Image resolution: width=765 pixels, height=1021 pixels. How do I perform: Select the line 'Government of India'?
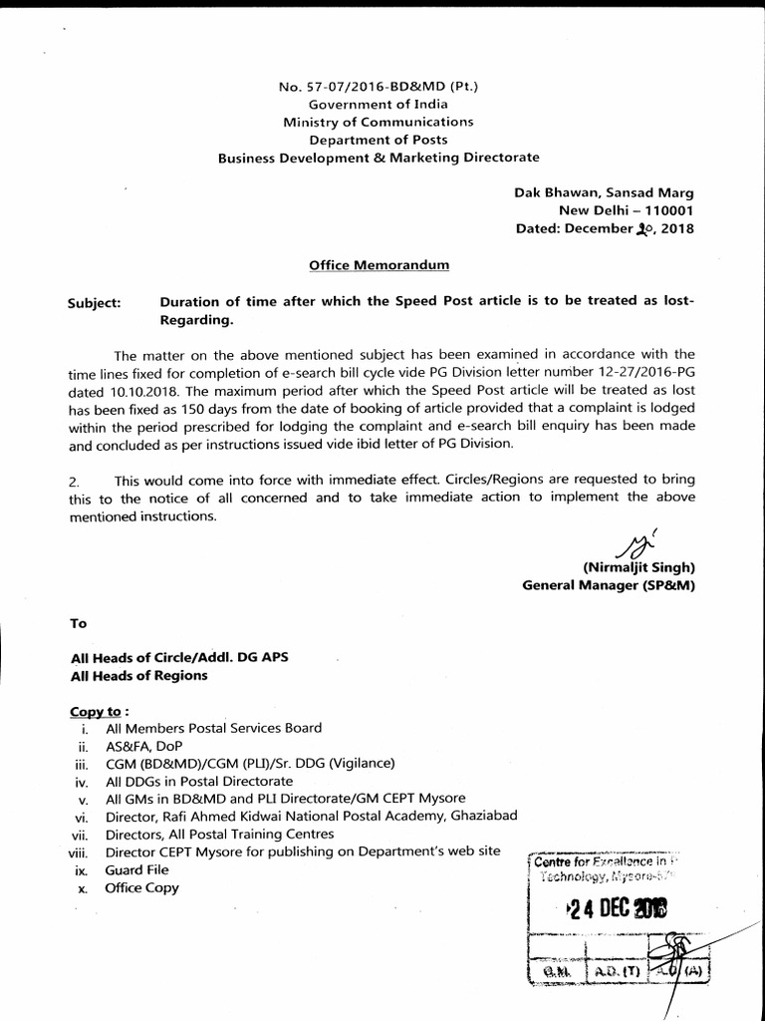378,104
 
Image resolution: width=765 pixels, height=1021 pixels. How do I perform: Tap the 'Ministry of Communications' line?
378,122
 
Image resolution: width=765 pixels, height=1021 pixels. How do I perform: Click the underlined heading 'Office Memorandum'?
378,264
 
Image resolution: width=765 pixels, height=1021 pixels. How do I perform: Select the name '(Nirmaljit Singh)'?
638,567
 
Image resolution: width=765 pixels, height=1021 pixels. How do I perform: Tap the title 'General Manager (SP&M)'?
608,585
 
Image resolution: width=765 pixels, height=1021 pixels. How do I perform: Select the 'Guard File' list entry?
136,869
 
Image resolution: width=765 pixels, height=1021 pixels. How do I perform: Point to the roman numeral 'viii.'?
79,852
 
